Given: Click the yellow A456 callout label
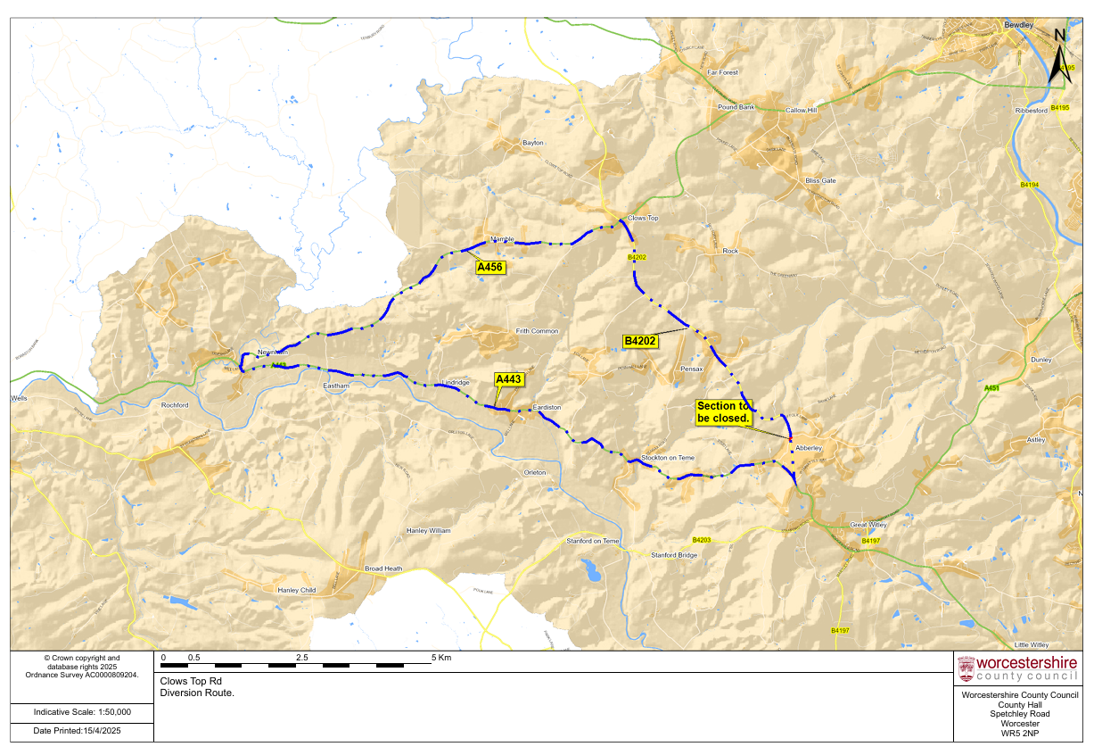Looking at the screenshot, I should [x=490, y=267].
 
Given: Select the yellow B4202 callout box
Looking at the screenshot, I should [x=640, y=341].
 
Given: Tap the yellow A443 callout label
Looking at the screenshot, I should [x=508, y=379].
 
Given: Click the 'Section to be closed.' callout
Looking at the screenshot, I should [x=724, y=411].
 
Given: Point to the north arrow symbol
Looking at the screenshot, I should [x=1059, y=57].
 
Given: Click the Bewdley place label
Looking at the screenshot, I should [x=1018, y=26].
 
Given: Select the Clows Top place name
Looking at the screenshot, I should [x=642, y=218].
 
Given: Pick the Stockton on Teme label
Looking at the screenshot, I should [x=668, y=458].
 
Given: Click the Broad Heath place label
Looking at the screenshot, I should [x=383, y=568].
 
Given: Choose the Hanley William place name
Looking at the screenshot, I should [x=429, y=530].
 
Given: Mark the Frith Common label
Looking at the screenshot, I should [x=537, y=331].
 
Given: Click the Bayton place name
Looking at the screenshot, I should [x=533, y=143].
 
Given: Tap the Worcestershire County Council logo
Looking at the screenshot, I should [x=1017, y=668].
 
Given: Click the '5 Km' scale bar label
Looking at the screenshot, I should [x=441, y=657].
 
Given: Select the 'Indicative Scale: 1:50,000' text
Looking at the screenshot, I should [x=82, y=712].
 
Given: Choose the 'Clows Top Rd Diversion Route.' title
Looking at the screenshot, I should [x=197, y=686].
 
